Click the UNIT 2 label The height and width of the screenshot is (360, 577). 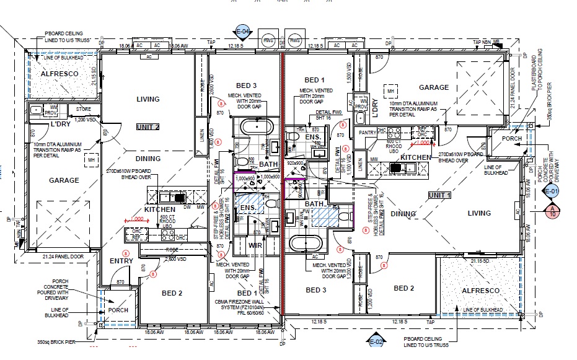(148, 127)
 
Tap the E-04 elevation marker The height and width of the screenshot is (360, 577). (242, 31)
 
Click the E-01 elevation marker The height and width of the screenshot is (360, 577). (552, 191)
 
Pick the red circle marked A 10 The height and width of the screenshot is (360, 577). (552, 211)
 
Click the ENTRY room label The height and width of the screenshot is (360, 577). (121, 261)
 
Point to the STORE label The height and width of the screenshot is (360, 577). (84, 109)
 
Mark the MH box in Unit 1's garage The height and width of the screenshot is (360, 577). (391, 92)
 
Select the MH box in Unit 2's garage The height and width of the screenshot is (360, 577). (92, 160)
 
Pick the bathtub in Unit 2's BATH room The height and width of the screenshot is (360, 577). (255, 128)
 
